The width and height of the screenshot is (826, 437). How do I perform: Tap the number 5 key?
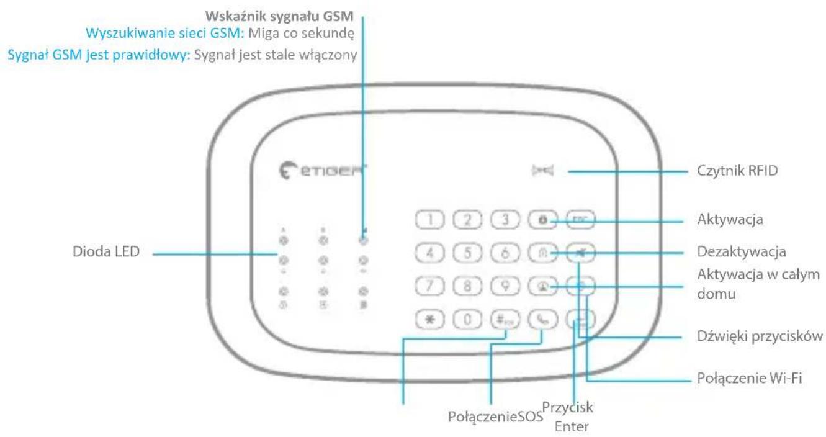pos(466,253)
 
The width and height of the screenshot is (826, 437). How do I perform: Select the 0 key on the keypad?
pos(466,320)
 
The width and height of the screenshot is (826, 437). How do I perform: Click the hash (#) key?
pos(504,320)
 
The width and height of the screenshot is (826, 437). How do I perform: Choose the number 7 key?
pos(428,287)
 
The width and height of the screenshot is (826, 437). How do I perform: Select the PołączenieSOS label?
pos(494,413)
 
